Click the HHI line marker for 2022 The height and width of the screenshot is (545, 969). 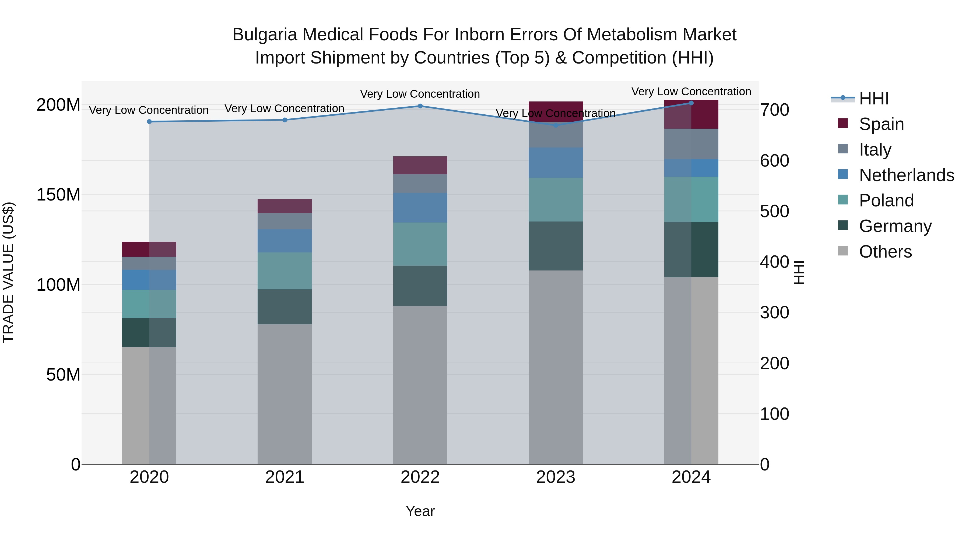tap(420, 106)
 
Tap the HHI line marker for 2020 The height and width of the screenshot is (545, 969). tap(149, 121)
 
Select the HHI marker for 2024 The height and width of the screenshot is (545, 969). tap(691, 103)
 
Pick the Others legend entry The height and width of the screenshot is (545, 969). tap(885, 252)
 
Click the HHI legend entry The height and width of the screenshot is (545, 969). tap(874, 99)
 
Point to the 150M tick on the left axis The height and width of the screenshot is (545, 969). tap(58, 195)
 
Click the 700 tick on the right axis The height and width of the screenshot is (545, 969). tap(774, 110)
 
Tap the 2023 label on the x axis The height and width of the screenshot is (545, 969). tap(556, 477)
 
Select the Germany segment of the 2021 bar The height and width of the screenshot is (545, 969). tap(285, 307)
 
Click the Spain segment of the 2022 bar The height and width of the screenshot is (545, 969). tap(420, 165)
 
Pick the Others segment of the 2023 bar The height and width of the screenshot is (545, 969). tap(556, 367)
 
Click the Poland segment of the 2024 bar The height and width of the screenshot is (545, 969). tap(691, 199)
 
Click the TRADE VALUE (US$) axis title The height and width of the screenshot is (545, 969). tap(8, 272)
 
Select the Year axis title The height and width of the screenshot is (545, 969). tap(420, 511)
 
